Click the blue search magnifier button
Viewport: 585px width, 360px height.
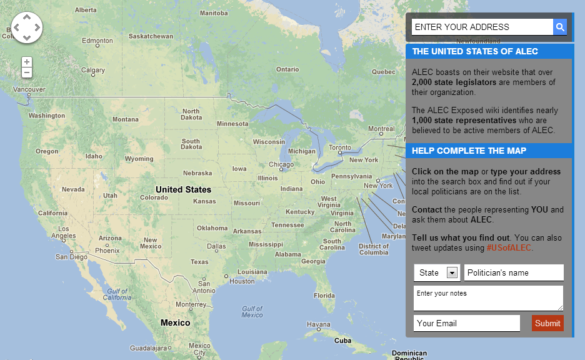pyautogui.click(x=560, y=27)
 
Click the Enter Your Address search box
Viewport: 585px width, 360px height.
pyautogui.click(x=482, y=27)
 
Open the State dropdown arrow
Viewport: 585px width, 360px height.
pyautogui.click(x=452, y=272)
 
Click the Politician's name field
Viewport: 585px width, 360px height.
pyautogui.click(x=514, y=272)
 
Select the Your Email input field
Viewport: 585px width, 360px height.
pyautogui.click(x=466, y=323)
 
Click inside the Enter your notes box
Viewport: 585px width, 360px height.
pyautogui.click(x=488, y=298)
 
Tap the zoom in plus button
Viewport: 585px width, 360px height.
pyautogui.click(x=27, y=62)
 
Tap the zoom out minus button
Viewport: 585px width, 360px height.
pyautogui.click(x=27, y=72)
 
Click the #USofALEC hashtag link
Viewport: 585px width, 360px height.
pyautogui.click(x=509, y=248)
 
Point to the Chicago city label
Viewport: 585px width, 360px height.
pyautogui.click(x=281, y=165)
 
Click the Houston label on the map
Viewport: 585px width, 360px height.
pyautogui.click(x=242, y=281)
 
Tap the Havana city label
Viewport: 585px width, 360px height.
pyautogui.click(x=319, y=324)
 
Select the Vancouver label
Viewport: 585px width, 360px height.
pyautogui.click(x=29, y=89)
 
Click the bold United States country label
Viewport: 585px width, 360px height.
pyautogui.click(x=183, y=189)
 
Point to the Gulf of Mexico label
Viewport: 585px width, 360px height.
pyautogui.click(x=252, y=311)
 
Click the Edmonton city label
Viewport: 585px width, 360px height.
pyautogui.click(x=97, y=41)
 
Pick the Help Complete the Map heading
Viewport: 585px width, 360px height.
pyautogui.click(x=469, y=151)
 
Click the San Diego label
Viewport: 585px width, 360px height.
pyautogui.click(x=71, y=257)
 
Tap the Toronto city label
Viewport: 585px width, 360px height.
pyautogui.click(x=340, y=148)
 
